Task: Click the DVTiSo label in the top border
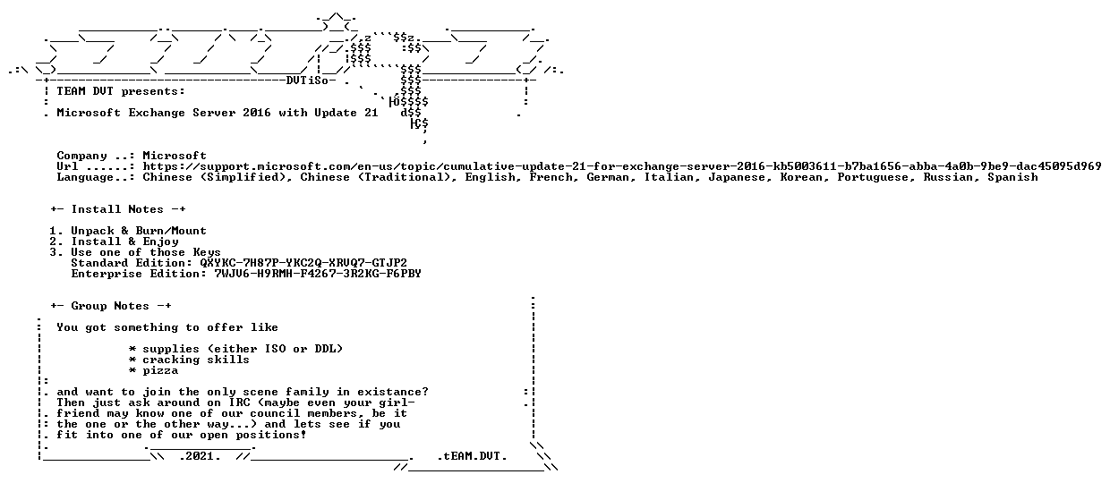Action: (x=307, y=80)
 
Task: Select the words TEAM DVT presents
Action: (x=121, y=91)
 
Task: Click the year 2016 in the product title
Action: (x=257, y=113)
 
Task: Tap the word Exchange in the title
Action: (x=157, y=113)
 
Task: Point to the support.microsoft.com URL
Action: (x=622, y=166)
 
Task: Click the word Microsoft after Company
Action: (x=175, y=156)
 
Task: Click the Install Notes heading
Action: (x=118, y=209)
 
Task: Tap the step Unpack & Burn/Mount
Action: (x=139, y=231)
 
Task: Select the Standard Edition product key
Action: (x=303, y=263)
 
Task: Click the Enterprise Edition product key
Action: (x=318, y=274)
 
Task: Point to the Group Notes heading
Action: (x=111, y=306)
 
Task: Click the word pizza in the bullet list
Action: (x=160, y=371)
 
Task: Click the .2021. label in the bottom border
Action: (x=200, y=456)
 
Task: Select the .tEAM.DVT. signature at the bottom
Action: (x=473, y=456)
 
